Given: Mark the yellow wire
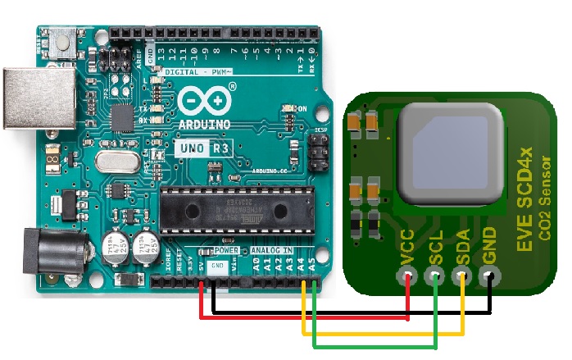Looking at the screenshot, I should [385, 333].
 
